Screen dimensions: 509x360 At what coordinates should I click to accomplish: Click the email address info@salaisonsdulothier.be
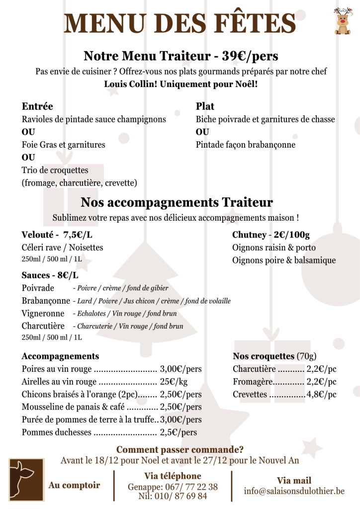click(294, 491)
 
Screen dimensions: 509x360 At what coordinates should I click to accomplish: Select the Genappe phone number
click(173, 487)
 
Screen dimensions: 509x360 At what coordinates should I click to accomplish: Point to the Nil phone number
click(173, 496)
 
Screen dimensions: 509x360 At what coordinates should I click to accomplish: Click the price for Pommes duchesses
click(178, 432)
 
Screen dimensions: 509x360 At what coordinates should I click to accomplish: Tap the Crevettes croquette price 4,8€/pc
click(321, 395)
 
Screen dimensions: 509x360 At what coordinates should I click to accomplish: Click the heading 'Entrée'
click(37, 106)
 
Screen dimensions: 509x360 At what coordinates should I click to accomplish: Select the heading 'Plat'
click(205, 106)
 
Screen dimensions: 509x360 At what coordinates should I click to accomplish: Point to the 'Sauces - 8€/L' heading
click(50, 275)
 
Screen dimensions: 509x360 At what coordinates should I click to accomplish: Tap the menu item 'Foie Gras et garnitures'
click(63, 145)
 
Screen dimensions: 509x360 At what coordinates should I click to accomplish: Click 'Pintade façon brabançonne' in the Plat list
click(245, 145)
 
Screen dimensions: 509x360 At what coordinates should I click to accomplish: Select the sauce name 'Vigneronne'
click(43, 314)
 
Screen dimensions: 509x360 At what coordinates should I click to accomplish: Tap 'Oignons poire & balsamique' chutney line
click(283, 260)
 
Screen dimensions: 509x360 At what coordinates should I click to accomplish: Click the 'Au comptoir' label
click(74, 485)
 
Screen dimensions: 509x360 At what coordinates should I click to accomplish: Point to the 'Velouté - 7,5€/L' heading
click(57, 235)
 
